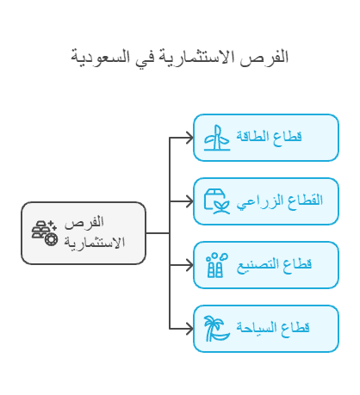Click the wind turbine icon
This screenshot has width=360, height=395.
point(217,138)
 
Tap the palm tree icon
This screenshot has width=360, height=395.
point(217,329)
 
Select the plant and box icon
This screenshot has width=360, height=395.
point(217,201)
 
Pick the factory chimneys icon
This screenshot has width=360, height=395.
point(217,265)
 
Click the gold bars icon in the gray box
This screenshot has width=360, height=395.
point(45,233)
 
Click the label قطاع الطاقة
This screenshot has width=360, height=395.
point(269,137)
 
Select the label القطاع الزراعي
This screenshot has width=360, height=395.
point(280,201)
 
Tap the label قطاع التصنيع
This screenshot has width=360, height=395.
point(274,265)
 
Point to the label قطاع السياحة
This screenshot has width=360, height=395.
point(273,328)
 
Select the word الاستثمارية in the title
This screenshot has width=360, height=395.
point(197,56)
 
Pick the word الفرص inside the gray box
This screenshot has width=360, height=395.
point(84,223)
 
